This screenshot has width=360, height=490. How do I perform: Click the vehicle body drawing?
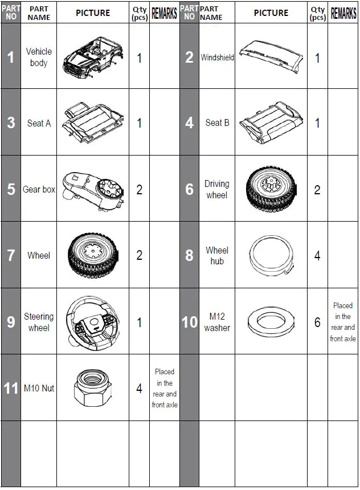(93, 59)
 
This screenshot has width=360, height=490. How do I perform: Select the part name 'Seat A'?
(39, 123)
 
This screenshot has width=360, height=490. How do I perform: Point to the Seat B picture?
(271, 122)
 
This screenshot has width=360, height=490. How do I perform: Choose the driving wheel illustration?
(271, 189)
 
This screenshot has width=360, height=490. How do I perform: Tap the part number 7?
(11, 255)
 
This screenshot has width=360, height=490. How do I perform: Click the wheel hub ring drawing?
(271, 256)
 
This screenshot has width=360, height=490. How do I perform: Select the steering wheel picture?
(93, 323)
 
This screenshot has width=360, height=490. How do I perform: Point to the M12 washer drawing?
(271, 321)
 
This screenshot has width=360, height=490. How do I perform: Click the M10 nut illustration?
(92, 388)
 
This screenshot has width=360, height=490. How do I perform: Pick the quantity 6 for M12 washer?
(317, 322)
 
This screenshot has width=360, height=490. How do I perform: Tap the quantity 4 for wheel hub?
(317, 256)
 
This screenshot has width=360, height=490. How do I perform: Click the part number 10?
(190, 322)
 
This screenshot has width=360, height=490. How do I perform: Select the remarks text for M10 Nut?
(165, 388)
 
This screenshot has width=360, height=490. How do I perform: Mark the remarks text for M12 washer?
(343, 322)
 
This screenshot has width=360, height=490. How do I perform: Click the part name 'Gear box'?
(39, 189)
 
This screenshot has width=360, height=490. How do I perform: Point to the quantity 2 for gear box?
(140, 190)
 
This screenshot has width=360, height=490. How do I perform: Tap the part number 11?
(11, 389)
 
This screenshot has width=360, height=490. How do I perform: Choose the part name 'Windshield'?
(217, 58)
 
